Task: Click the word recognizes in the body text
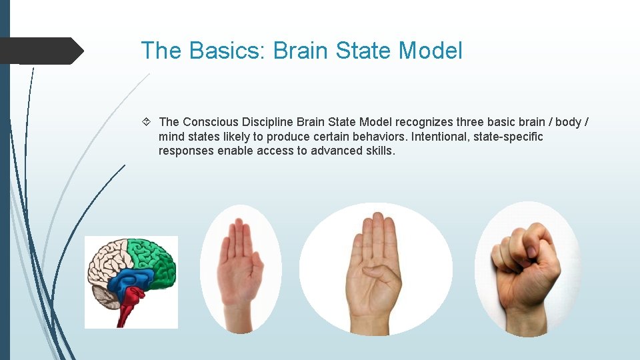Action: point(424,122)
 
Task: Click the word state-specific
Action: point(510,137)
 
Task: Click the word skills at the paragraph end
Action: point(381,151)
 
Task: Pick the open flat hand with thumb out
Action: point(240,267)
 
